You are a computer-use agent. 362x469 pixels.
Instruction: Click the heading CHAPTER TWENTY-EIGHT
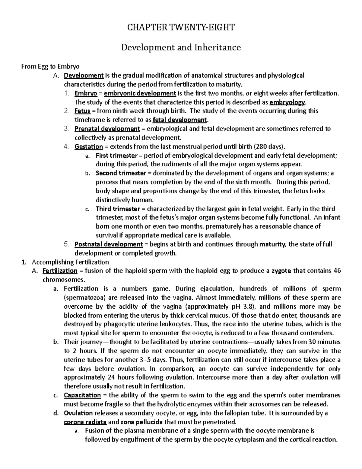[x=181, y=28]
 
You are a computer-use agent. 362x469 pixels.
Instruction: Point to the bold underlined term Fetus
[x=82, y=111]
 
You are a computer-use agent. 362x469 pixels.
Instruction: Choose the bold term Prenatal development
[x=107, y=129]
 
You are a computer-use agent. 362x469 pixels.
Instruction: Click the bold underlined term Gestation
[x=89, y=147]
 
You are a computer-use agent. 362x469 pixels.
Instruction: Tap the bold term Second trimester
[x=121, y=173]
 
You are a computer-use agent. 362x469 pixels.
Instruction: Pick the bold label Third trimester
[x=118, y=209]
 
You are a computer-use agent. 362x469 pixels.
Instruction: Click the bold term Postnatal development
[x=109, y=244]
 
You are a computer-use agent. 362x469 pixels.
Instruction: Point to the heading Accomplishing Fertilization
[x=70, y=262]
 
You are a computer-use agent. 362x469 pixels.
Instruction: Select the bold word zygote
[x=281, y=271]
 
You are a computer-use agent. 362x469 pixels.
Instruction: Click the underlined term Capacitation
[x=82, y=395]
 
